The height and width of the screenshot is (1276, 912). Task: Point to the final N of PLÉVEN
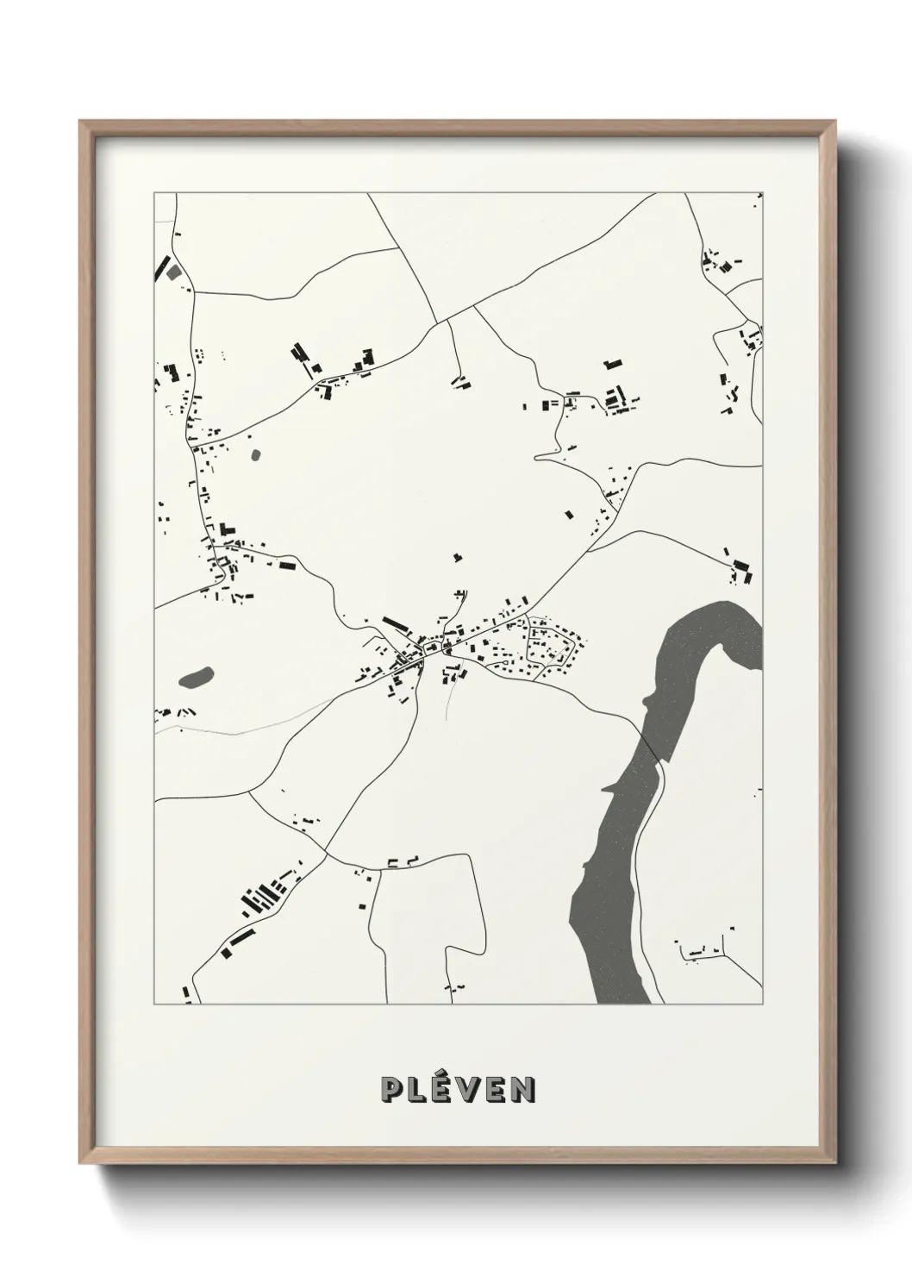coord(522,1090)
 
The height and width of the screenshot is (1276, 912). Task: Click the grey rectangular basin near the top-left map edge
coord(174,272)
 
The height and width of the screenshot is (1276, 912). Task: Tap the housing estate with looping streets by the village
coord(547,647)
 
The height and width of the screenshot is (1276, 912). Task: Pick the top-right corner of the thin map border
coord(762,193)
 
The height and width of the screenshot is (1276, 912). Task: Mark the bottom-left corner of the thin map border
coord(155,1004)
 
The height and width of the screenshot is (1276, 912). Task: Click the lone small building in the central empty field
coord(458,557)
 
